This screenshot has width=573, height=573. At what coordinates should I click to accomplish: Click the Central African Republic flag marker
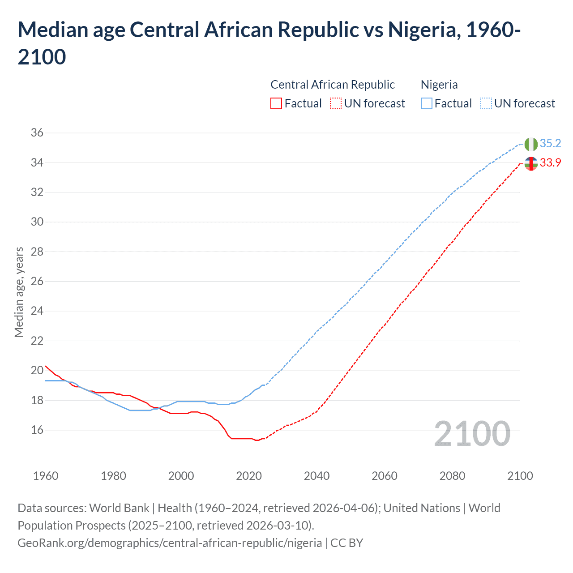pyautogui.click(x=531, y=164)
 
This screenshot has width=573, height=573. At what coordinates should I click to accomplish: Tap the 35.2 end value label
pyautogui.click(x=550, y=143)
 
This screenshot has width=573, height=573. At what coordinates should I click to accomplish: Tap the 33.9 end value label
pyautogui.click(x=550, y=162)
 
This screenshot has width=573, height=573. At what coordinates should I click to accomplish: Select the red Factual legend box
pyautogui.click(x=276, y=103)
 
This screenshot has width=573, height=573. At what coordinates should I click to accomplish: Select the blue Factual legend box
pyautogui.click(x=427, y=103)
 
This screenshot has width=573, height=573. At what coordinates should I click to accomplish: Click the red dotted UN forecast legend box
pyautogui.click(x=336, y=103)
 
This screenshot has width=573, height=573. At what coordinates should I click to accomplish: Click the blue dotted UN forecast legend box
pyautogui.click(x=486, y=103)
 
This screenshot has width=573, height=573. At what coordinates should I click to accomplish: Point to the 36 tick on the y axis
pyautogui.click(x=37, y=133)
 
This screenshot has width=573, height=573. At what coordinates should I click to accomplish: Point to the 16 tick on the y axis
pyautogui.click(x=37, y=430)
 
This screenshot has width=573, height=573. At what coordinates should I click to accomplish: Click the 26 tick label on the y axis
pyautogui.click(x=37, y=281)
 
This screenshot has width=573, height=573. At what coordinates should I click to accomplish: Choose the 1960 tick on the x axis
pyautogui.click(x=46, y=475)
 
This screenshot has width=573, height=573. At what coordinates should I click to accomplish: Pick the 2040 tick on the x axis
pyautogui.click(x=316, y=475)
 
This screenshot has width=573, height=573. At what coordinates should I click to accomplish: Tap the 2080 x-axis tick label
pyautogui.click(x=452, y=475)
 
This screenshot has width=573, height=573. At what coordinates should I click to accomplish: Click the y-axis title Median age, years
pyautogui.click(x=19, y=292)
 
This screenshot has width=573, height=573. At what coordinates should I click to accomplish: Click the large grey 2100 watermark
pyautogui.click(x=472, y=433)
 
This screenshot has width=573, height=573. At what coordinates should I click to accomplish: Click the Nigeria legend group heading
pyautogui.click(x=439, y=85)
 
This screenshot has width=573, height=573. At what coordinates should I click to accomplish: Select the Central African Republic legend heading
pyautogui.click(x=333, y=85)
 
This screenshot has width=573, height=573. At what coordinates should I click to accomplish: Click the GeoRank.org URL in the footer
pyautogui.click(x=170, y=543)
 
